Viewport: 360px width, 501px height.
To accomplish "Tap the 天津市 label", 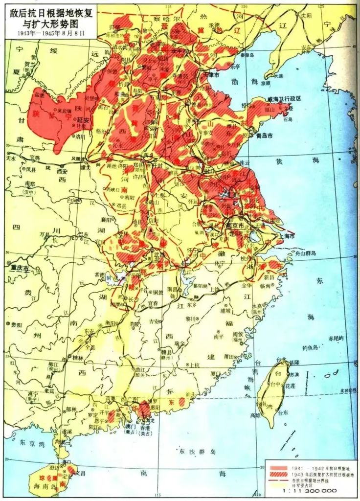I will click(x=217, y=75).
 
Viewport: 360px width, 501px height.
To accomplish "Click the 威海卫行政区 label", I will click(x=284, y=99).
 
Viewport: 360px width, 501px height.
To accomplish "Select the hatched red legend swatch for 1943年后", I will click(x=279, y=475).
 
